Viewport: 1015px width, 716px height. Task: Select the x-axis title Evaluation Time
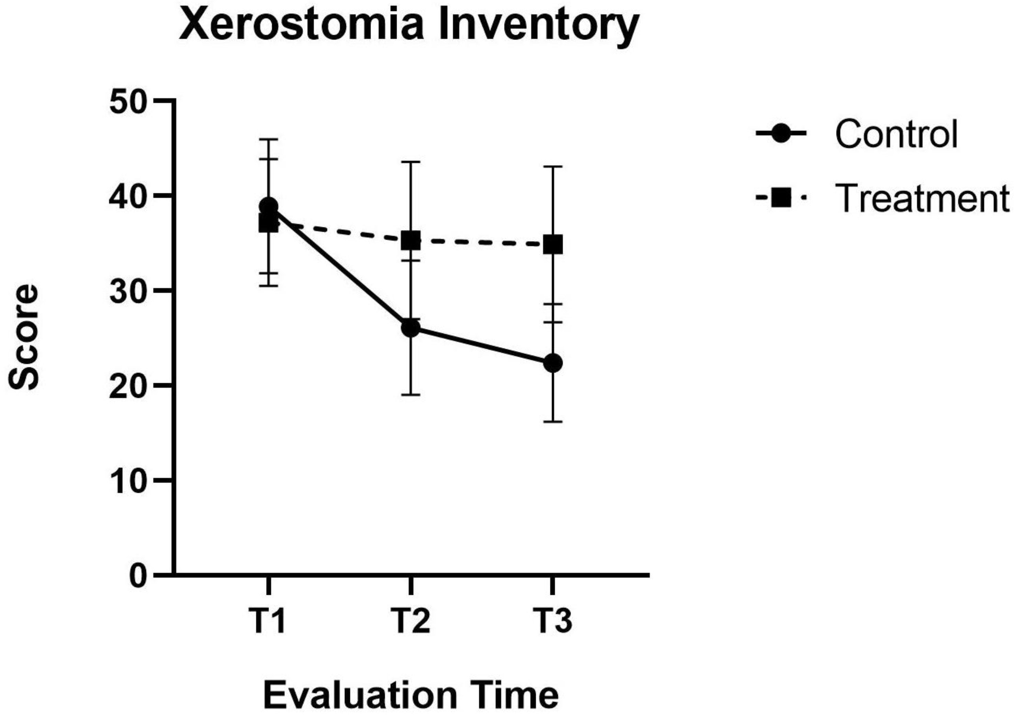(411, 695)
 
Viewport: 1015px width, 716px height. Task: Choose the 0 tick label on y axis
(138, 576)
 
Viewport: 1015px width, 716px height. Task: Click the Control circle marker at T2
(411, 328)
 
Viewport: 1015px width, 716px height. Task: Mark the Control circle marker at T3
(553, 363)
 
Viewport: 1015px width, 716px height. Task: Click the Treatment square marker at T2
(411, 240)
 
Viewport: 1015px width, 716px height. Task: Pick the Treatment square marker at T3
(553, 245)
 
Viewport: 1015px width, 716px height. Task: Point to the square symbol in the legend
(781, 198)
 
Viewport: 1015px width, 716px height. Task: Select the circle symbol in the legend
(781, 134)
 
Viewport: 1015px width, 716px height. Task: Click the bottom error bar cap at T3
(553, 422)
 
